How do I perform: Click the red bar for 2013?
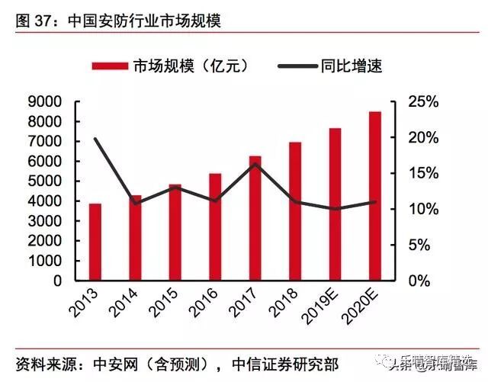pyautogui.click(x=95, y=242)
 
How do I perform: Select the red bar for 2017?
pyautogui.click(x=255, y=218)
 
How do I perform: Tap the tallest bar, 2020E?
pyautogui.click(x=374, y=196)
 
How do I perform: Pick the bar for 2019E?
pyautogui.click(x=335, y=204)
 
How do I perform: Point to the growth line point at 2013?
pyautogui.click(x=95, y=139)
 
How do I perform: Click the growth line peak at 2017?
pyautogui.click(x=255, y=164)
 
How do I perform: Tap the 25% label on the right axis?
pyautogui.click(x=419, y=101)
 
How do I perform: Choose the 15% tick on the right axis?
pyautogui.click(x=419, y=173)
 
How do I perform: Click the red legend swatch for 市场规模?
pyautogui.click(x=110, y=66)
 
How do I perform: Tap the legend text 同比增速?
pyautogui.click(x=352, y=66)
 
